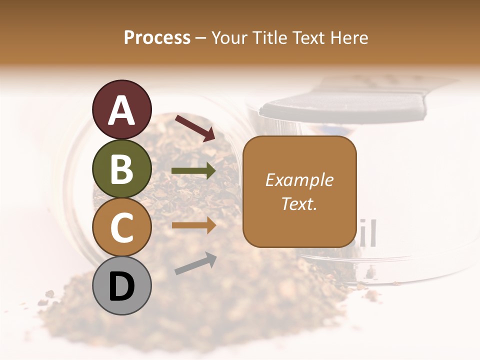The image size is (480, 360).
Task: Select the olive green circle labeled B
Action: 122,168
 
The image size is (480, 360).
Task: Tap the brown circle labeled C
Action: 122,227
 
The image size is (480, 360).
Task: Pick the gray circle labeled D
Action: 122,285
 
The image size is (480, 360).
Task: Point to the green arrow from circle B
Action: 193,171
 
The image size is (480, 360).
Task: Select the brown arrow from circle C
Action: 193,225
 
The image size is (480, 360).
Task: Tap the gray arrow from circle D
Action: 195,263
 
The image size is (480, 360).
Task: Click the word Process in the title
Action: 157,37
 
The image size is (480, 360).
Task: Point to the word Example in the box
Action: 299,180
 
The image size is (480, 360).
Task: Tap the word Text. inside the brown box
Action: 299,203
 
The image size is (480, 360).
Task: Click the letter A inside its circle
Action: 122,110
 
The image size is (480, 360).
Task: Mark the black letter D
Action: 122,286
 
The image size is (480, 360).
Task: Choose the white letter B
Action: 122,168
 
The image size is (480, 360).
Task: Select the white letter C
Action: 122,227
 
